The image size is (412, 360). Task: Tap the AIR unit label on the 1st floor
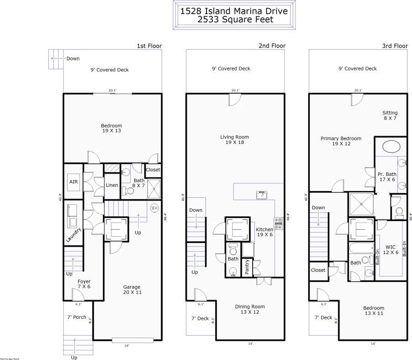[x=74, y=181]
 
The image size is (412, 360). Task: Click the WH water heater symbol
[x=154, y=207]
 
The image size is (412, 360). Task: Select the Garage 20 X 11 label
[x=132, y=290]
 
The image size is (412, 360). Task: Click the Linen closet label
[x=112, y=185]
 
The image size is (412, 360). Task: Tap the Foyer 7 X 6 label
[x=84, y=284]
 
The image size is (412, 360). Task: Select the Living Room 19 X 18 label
[x=235, y=140]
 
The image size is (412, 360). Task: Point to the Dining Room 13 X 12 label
[x=250, y=309]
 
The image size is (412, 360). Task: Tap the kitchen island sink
[x=262, y=194]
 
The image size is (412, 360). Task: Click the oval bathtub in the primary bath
[x=391, y=147]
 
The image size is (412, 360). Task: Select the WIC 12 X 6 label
[x=391, y=249]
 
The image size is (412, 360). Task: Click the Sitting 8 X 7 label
[x=390, y=116]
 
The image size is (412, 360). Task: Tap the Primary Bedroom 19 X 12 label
[x=341, y=141]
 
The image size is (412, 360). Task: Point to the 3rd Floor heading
[x=395, y=46]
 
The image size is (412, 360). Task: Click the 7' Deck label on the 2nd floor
[x=200, y=318]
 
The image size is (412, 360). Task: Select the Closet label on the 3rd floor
[x=318, y=270]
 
